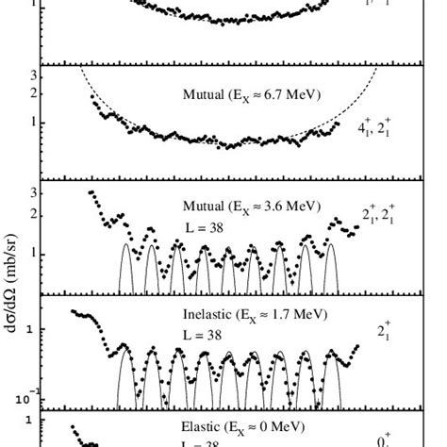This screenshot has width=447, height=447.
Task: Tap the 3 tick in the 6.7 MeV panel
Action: (x=35, y=75)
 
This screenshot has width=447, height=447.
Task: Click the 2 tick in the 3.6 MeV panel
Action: (x=35, y=214)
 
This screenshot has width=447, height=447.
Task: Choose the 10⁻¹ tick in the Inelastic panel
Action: (x=31, y=395)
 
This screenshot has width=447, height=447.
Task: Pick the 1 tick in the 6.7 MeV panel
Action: (x=35, y=122)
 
